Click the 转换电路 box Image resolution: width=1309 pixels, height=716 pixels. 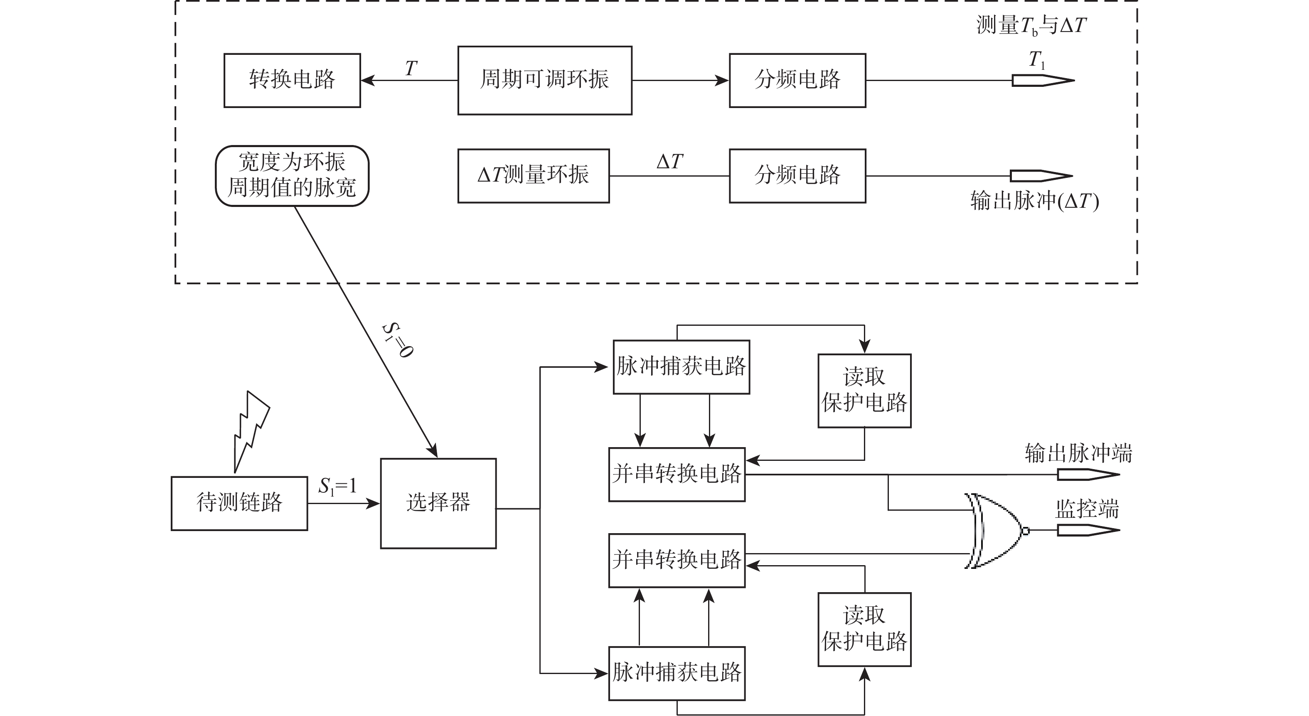[x=292, y=80]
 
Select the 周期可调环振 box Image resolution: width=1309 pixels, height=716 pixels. [x=545, y=80]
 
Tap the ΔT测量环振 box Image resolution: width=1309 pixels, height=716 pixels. [x=534, y=176]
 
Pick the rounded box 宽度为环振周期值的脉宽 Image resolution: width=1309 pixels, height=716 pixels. [x=292, y=176]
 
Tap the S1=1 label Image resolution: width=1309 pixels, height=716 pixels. [x=337, y=487]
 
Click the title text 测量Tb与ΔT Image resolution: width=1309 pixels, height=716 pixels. [x=1031, y=25]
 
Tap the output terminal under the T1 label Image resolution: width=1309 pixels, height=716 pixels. [x=1042, y=80]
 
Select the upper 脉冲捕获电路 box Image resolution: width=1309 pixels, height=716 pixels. [x=681, y=367]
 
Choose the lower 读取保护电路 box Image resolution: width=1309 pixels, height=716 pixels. [x=864, y=629]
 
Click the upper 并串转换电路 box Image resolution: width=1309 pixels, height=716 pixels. [x=677, y=475]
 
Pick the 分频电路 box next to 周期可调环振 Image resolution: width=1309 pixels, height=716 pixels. [x=797, y=80]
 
